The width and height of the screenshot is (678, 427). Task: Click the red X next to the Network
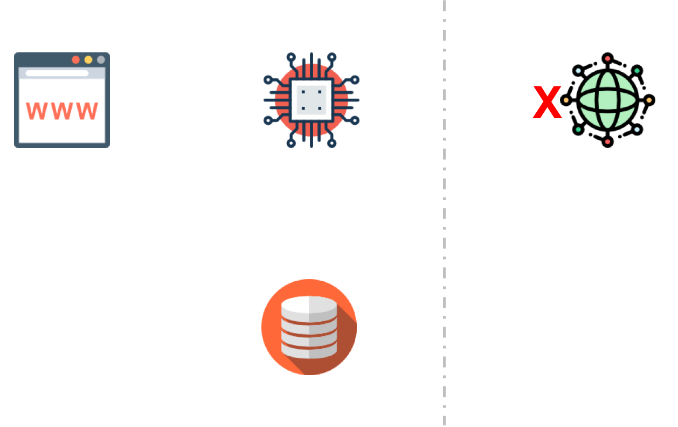click(548, 103)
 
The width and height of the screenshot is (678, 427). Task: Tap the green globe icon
click(607, 100)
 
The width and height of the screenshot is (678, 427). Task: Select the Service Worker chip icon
click(312, 100)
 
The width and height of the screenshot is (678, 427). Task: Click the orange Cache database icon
click(309, 327)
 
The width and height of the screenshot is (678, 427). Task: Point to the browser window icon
click(62, 100)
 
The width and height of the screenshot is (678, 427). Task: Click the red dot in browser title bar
click(75, 60)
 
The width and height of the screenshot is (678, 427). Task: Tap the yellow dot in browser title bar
click(88, 60)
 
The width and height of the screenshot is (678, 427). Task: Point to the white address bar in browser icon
click(57, 73)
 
